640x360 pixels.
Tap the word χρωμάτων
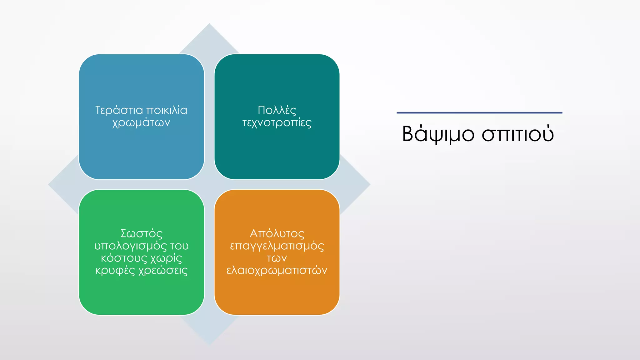click(141, 123)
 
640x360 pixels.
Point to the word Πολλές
click(277, 110)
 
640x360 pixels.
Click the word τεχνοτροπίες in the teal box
click(277, 123)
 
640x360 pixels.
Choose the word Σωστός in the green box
click(141, 234)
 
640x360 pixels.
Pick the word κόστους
click(124, 258)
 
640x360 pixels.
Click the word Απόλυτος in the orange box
click(277, 234)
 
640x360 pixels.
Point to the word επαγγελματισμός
click(277, 246)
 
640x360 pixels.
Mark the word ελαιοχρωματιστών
click(277, 271)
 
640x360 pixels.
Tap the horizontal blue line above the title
click(479, 112)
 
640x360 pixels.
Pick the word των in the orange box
click(277, 258)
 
